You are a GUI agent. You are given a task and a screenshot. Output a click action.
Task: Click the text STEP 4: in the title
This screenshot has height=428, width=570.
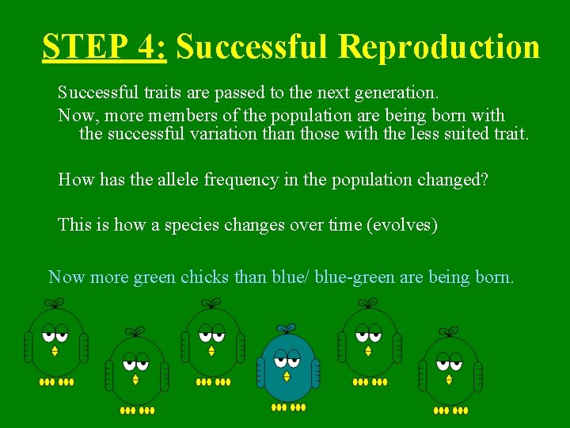[104, 47]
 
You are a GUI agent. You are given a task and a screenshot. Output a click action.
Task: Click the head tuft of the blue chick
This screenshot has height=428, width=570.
[287, 328]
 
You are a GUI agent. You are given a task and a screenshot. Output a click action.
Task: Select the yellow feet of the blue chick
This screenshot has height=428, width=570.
[288, 407]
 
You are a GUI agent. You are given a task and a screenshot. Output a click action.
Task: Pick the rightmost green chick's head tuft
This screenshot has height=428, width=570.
[449, 331]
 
